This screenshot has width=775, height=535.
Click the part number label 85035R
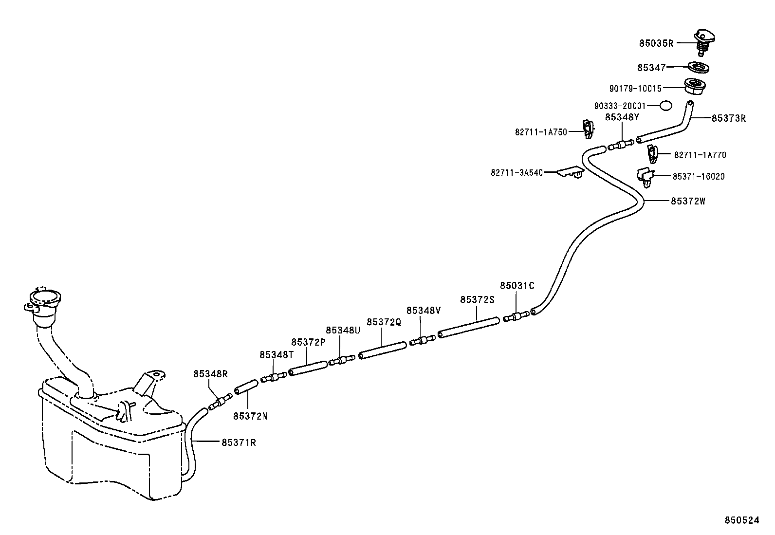coord(656,43)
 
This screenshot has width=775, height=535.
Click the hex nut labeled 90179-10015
coord(695,87)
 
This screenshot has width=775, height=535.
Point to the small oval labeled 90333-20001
coord(665,105)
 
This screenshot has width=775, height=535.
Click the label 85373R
coord(728,118)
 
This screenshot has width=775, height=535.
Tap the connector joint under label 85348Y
coord(621,145)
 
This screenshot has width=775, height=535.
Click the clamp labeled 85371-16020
coord(646,176)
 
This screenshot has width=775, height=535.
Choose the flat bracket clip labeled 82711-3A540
coord(571,172)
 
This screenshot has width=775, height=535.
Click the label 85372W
coord(687,201)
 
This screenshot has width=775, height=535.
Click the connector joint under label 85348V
coord(422,340)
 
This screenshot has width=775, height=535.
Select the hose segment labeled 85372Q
coord(382,351)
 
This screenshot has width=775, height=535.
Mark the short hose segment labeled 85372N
coord(245,387)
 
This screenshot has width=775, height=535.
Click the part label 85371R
coord(239,443)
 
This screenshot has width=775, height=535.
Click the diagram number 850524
coord(741,521)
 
